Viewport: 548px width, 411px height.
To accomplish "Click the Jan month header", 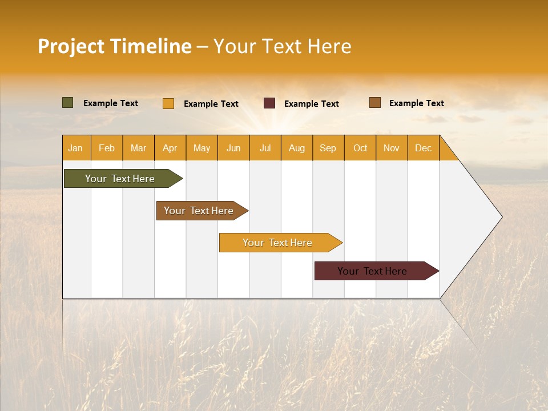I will point(75,148).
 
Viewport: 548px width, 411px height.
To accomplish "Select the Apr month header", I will point(170,148).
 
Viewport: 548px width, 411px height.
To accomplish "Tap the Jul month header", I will point(265,148).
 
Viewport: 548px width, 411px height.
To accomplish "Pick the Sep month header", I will point(328,148).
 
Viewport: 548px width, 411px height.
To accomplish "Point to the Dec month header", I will point(423,148).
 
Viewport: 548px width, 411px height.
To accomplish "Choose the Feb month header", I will point(107,148).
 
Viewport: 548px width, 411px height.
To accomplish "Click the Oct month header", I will point(360,148).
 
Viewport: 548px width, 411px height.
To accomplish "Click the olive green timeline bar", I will point(120,179).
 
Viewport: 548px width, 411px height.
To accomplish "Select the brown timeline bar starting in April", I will point(199,211).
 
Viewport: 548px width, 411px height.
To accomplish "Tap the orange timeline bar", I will point(277,243).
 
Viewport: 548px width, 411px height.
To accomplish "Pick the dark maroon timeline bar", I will point(372,271).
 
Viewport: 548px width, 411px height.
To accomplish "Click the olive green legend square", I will point(68,103).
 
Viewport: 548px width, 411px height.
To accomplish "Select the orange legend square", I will point(168,103).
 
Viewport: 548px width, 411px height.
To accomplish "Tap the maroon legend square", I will point(269,103).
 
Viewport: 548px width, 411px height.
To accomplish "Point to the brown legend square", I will point(375,103).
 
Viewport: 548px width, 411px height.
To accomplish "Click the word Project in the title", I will point(70,46).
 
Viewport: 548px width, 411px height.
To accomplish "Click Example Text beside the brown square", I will point(416,103).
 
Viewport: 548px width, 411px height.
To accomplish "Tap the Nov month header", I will point(392,148).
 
